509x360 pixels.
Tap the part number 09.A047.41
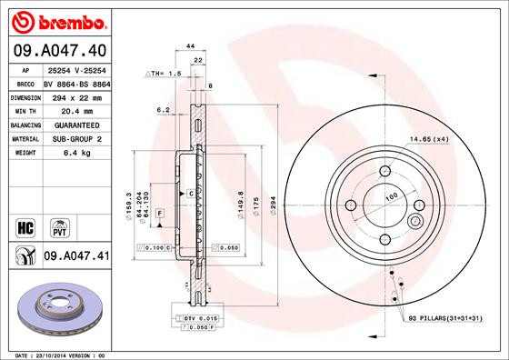pos(76,258)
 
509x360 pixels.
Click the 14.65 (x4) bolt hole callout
pos(429,139)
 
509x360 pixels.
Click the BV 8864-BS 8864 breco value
pos(76,82)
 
